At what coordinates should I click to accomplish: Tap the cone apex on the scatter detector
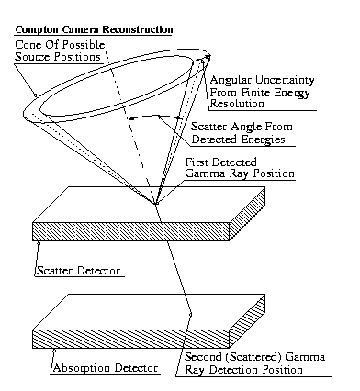click(x=156, y=204)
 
